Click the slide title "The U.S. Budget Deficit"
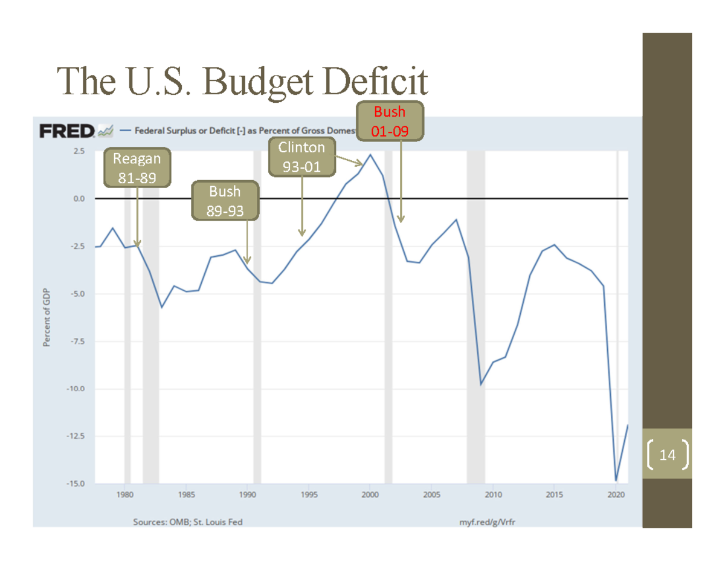tap(242, 82)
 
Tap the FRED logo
tap(67, 131)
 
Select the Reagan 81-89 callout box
tap(137, 168)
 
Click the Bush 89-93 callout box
tap(225, 201)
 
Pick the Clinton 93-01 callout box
tap(301, 157)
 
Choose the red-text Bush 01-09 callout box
tap(390, 122)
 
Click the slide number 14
tap(667, 454)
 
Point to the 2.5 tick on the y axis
tap(79, 151)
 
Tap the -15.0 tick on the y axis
tap(77, 484)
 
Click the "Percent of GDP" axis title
tap(46, 317)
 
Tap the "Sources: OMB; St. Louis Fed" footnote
tap(188, 522)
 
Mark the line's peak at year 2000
tap(370, 155)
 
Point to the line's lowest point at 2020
tap(616, 481)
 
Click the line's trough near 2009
tap(481, 384)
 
